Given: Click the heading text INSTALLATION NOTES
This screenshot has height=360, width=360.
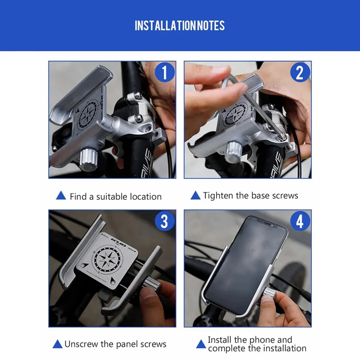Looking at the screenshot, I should point(180,25).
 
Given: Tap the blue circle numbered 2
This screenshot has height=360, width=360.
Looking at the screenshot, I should point(299,72).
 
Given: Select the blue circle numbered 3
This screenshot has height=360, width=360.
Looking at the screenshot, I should point(164,221).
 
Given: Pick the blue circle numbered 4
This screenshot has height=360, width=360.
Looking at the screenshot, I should point(299,221).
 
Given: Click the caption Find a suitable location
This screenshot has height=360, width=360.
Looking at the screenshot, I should point(115,197).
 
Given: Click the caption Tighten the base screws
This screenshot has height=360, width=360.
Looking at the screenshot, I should point(250,195).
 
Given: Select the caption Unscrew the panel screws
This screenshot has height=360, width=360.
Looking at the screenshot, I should point(115,344).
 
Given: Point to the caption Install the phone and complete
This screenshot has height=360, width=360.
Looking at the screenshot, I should point(256,344).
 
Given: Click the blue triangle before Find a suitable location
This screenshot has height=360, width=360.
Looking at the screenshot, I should point(60,196).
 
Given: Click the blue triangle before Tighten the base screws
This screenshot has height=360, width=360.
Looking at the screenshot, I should point(195,195).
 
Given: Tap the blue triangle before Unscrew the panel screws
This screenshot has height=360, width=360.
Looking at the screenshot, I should point(57,344).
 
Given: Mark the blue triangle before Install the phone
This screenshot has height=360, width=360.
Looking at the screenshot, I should point(201,344).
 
